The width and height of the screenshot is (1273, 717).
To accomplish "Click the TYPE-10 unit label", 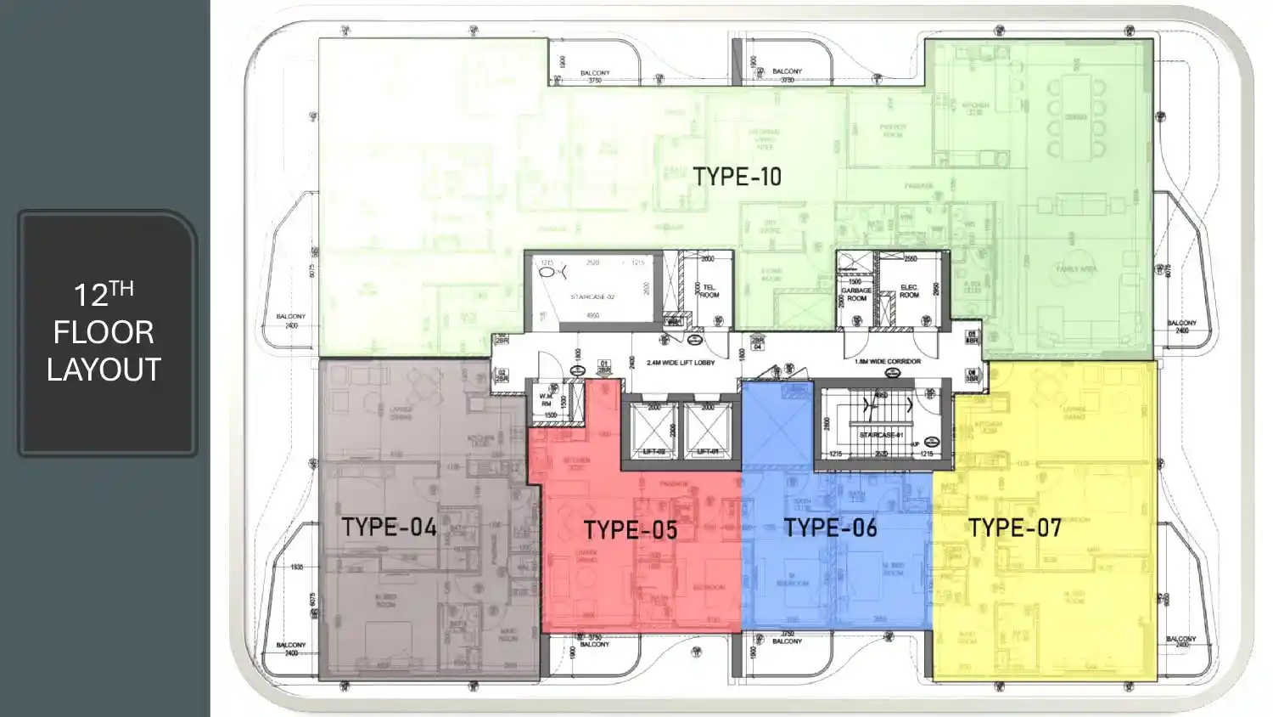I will click(x=737, y=177).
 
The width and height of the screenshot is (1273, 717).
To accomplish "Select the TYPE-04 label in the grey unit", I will click(x=389, y=527).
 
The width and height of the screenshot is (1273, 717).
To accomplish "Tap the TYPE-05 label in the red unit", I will click(x=631, y=530).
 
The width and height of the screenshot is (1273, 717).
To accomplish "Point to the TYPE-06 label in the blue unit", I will click(x=830, y=528).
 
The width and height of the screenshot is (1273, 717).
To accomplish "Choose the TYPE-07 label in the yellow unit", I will click(x=1015, y=528).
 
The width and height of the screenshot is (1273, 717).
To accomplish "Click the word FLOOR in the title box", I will click(x=104, y=332).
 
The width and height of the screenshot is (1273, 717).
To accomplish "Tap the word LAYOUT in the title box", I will click(x=104, y=370).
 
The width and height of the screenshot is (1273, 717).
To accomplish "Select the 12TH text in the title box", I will click(x=104, y=294).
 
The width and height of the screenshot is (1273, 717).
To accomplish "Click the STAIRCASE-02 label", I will click(x=592, y=297).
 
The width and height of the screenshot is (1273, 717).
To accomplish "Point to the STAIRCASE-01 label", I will click(x=881, y=435).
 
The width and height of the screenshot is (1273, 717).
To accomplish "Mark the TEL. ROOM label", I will click(x=709, y=291).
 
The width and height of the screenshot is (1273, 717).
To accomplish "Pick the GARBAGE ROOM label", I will click(x=856, y=294).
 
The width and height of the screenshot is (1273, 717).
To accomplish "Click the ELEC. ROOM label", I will click(x=909, y=291).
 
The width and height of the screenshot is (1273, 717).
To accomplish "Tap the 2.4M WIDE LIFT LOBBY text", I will click(x=681, y=363).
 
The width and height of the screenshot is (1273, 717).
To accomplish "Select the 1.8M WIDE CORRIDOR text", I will click(x=888, y=361).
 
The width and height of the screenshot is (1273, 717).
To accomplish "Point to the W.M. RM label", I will click(x=547, y=400).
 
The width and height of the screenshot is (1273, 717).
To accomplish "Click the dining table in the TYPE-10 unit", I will click(x=1075, y=117).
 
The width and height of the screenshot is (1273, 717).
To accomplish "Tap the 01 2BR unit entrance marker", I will click(x=604, y=367).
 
